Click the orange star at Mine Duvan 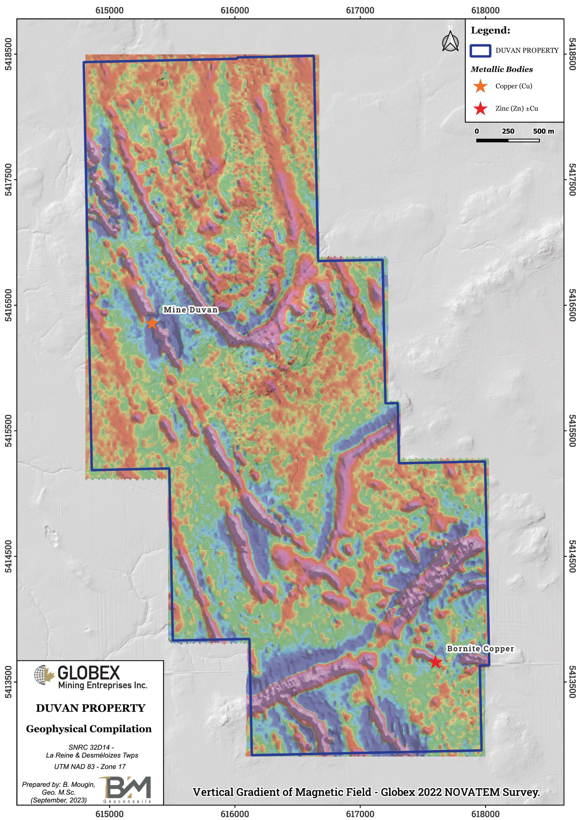(152, 323)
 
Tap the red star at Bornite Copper (436, 662)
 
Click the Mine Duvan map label (190, 310)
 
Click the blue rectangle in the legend (480, 51)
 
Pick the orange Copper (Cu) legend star (480, 86)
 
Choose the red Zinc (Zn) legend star (480, 109)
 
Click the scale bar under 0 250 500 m (508, 140)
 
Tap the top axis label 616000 (235, 10)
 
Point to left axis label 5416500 (8, 305)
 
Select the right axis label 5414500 (572, 556)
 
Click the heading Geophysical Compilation (89, 729)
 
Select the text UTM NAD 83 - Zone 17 (90, 767)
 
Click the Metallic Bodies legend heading (502, 69)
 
